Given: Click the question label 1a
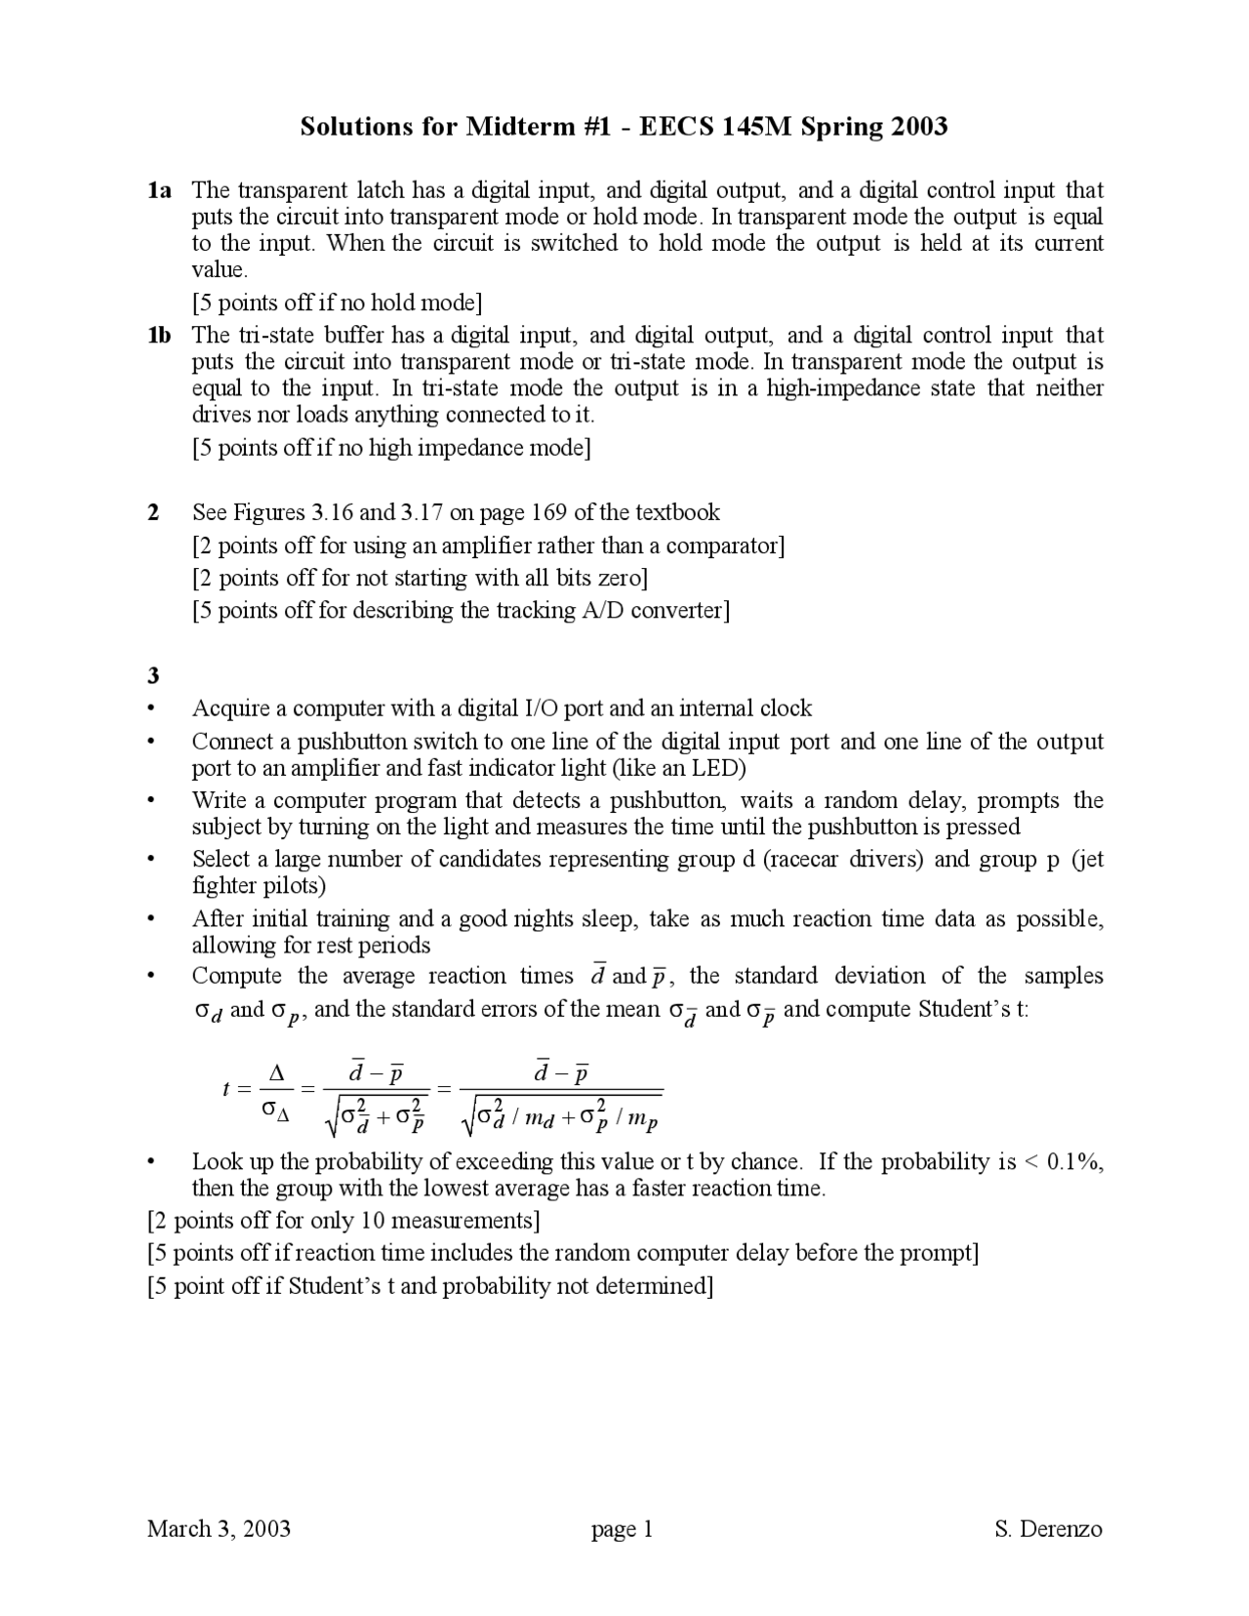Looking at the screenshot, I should click(159, 190).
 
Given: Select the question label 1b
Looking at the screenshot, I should click(159, 336).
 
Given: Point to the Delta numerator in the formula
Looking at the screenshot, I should click(276, 1073).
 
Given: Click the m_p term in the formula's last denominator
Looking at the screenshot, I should click(643, 1119).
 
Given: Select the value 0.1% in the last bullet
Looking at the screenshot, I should click(1074, 1161).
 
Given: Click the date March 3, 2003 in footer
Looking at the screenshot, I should click(219, 1528).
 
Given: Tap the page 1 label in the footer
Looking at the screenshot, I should click(622, 1529).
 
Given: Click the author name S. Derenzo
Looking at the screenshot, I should click(1048, 1528).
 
